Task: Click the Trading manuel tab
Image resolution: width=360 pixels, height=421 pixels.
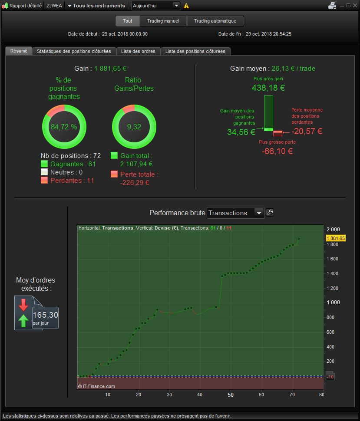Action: coord(163,21)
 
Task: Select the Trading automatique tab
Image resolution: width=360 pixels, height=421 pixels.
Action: coord(215,21)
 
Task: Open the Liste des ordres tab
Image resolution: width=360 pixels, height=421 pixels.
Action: coord(138,51)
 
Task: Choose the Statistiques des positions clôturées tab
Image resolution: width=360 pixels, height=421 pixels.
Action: coord(74,51)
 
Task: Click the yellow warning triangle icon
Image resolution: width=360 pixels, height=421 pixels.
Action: coord(186,6)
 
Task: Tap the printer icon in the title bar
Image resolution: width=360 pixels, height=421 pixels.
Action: coord(332,6)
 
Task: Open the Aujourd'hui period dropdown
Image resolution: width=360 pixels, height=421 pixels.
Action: coord(155,6)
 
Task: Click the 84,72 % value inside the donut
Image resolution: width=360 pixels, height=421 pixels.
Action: coord(64,127)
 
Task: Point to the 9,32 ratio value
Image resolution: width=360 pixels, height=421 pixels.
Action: coord(134,127)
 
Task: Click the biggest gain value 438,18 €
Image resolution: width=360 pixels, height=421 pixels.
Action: coord(268,88)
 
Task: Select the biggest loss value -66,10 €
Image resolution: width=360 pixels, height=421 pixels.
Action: coord(277,151)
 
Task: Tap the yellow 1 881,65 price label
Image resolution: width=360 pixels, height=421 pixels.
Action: coord(336,238)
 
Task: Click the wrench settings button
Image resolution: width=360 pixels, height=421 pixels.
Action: coord(270,213)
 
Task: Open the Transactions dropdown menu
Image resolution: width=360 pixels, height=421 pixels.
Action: coord(236,213)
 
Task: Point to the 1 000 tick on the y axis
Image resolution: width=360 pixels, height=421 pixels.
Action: coord(334,303)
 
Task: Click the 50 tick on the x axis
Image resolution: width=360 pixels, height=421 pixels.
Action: coord(231,395)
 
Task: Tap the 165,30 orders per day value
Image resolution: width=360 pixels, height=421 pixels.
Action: coord(46,315)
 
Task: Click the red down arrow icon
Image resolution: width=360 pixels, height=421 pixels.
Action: coord(23,305)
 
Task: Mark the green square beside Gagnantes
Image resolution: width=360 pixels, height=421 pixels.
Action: coord(44,164)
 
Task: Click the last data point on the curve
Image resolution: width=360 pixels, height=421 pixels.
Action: coord(299,239)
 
